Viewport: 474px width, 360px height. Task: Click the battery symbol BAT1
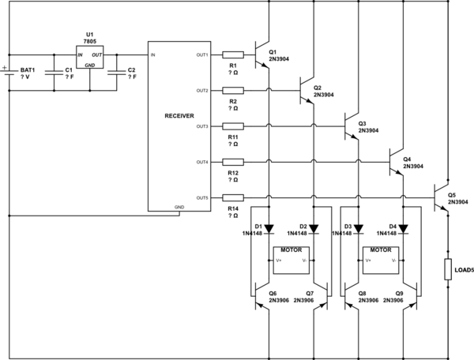[10, 73]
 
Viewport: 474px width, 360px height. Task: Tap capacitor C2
[117, 73]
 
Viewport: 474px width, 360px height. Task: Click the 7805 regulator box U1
[89, 57]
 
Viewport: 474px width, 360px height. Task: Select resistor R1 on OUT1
[232, 54]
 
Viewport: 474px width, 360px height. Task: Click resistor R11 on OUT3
[232, 126]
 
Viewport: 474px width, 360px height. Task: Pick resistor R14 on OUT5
[232, 197]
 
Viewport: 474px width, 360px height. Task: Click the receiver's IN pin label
[154, 54]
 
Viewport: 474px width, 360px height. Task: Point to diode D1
[269, 230]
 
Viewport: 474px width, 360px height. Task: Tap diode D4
[403, 230]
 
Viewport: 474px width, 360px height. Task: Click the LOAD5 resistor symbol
[448, 269]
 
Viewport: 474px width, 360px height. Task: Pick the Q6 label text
[273, 294]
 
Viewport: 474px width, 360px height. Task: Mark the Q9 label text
[400, 294]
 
